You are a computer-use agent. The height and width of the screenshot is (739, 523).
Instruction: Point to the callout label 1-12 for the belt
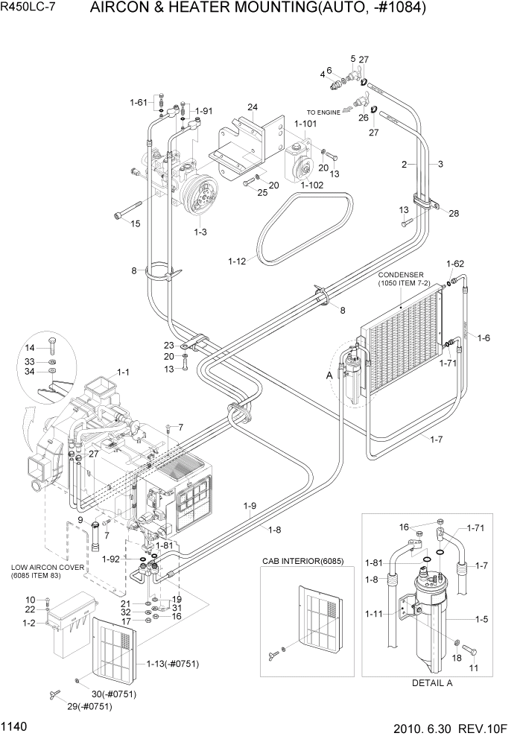click(x=237, y=261)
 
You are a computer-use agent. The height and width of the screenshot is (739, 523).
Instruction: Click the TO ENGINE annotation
click(x=323, y=112)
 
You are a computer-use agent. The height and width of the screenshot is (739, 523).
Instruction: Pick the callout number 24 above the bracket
click(x=253, y=108)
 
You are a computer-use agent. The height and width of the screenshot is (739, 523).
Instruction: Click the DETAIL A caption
click(x=433, y=682)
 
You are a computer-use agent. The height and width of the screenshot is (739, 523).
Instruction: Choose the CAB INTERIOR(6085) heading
click(x=302, y=561)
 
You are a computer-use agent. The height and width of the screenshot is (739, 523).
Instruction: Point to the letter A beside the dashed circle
click(x=329, y=376)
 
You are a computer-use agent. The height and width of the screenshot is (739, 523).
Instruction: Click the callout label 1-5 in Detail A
click(x=484, y=619)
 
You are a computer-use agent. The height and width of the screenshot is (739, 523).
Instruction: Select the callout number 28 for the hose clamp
click(x=454, y=214)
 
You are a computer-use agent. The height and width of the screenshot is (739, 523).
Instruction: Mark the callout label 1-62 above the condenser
click(x=455, y=264)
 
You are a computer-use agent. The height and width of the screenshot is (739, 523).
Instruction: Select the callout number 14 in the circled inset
click(x=30, y=348)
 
